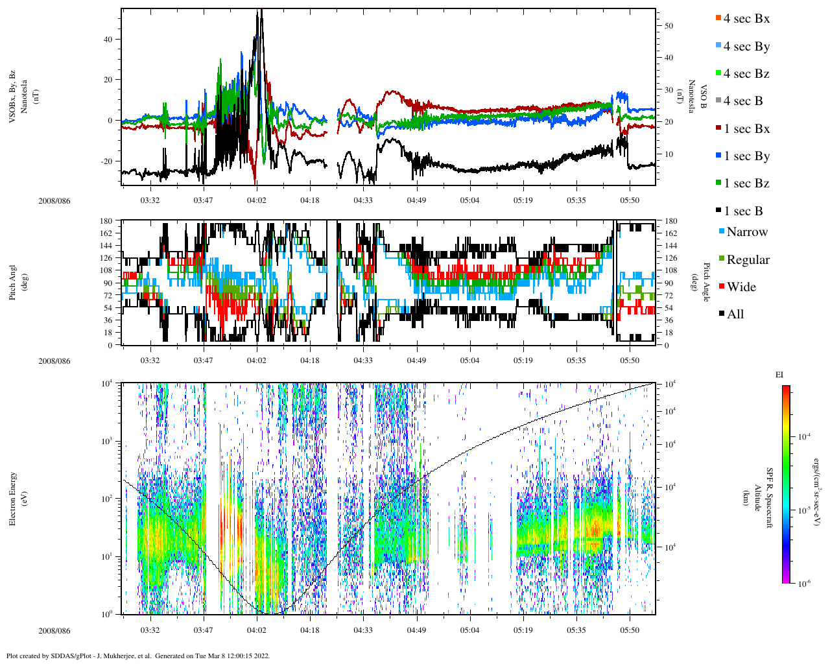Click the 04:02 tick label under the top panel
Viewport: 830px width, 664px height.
[256, 200]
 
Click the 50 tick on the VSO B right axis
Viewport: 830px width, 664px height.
[669, 26]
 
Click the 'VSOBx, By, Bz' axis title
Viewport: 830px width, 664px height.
[12, 97]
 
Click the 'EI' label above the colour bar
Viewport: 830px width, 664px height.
[779, 375]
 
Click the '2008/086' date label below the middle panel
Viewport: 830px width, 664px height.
[54, 361]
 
